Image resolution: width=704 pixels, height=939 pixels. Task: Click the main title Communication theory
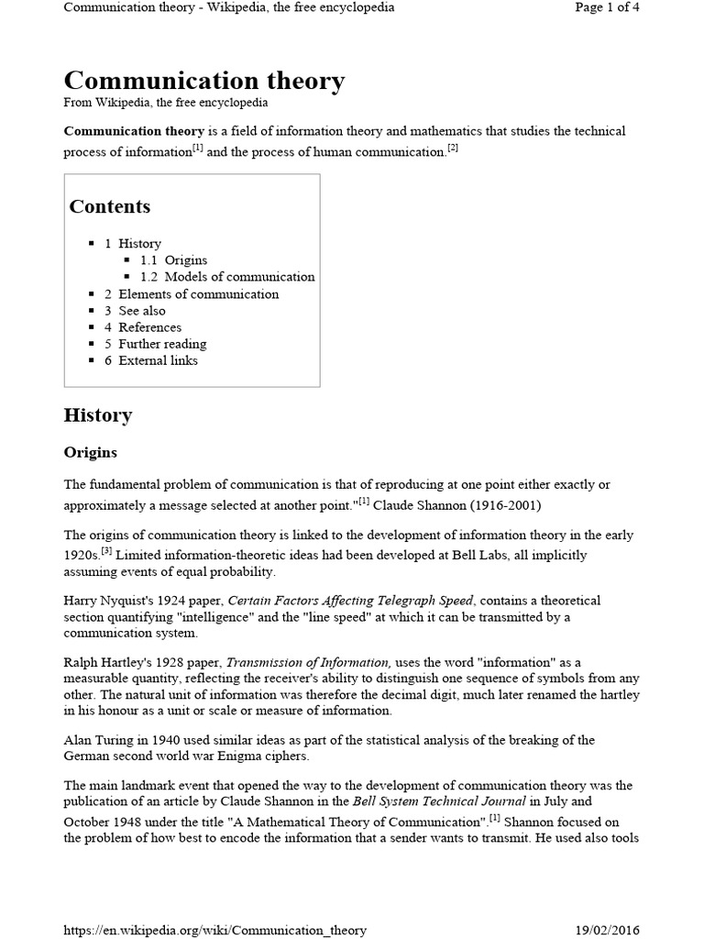tap(203, 81)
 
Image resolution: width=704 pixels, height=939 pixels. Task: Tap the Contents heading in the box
tap(110, 206)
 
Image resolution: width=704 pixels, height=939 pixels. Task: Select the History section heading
tap(98, 415)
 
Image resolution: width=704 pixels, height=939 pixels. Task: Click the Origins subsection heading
tap(90, 453)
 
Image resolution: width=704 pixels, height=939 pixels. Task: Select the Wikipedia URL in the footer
tap(214, 930)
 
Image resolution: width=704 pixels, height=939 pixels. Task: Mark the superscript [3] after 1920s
tap(106, 551)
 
